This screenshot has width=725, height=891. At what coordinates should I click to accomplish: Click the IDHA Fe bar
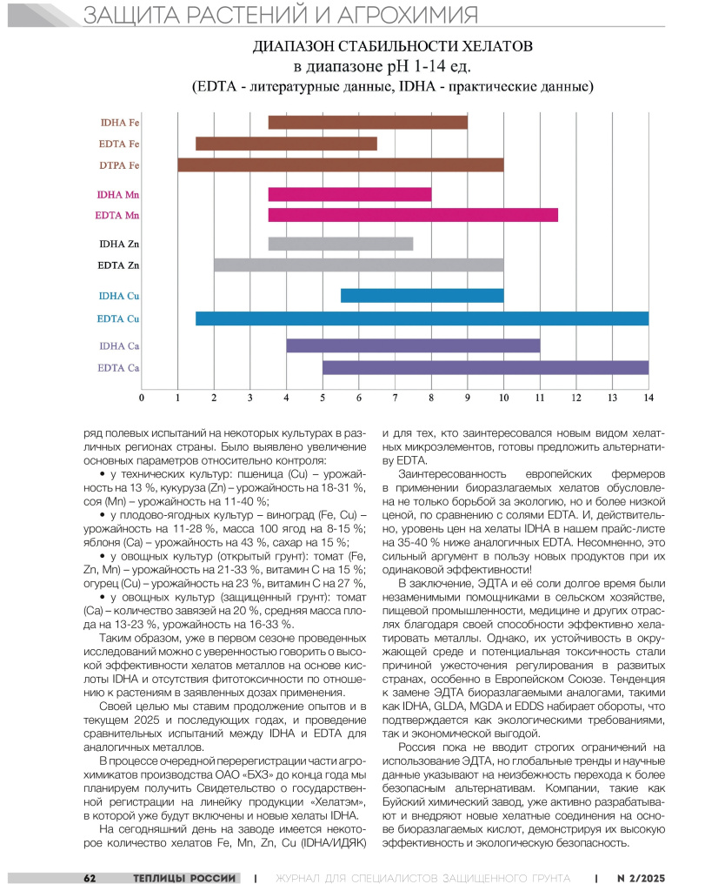pos(368,123)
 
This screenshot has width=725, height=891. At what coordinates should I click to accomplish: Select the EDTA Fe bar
pos(286,144)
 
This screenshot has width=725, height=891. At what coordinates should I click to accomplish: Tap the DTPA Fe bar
pos(341,164)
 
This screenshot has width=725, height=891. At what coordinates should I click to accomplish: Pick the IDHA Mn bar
pos(349,194)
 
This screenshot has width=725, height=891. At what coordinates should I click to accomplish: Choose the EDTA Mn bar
pos(413,215)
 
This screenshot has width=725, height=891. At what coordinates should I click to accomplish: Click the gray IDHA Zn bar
pos(341,244)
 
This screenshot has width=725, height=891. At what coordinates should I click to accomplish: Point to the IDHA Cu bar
pos(422,296)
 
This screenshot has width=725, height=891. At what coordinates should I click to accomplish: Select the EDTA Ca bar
pos(485,367)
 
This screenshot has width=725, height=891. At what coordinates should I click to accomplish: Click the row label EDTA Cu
pos(118,319)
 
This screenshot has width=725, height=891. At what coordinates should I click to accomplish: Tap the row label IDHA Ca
pos(120,346)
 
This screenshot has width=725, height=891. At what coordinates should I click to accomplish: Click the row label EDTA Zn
pos(119,265)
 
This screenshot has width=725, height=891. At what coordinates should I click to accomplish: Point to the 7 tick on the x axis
pos(395,398)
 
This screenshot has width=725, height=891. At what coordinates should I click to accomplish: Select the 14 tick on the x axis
pos(648,398)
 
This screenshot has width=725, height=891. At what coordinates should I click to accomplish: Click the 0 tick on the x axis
pos(142,398)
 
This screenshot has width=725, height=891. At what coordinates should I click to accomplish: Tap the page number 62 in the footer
pos(90,877)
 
